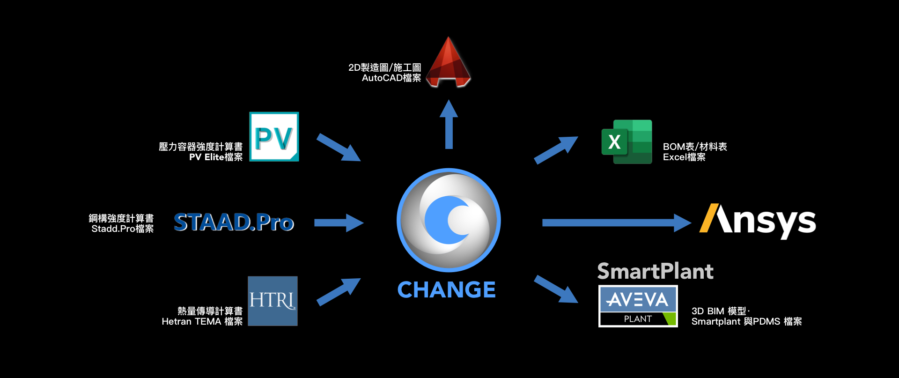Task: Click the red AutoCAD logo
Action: point(448,63)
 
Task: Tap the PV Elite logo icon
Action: point(274,137)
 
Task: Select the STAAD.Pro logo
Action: point(234,222)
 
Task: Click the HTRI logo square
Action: point(273,301)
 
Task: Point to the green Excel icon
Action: point(627,141)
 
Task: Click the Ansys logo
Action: point(758,221)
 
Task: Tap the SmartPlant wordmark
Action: point(655,271)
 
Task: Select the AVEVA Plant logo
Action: point(638,306)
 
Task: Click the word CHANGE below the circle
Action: point(446,290)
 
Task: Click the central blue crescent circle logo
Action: point(449,220)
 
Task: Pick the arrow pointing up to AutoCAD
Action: point(449,125)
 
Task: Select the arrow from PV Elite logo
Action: point(338,147)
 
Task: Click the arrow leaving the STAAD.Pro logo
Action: point(339,222)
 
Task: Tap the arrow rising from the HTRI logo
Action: point(338,292)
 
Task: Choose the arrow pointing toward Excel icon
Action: point(556,150)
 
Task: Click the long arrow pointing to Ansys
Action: point(616,222)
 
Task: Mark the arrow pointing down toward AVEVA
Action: point(556,289)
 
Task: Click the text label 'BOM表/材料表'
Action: point(695,147)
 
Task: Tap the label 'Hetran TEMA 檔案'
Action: point(202,321)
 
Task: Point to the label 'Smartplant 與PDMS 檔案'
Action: point(746,321)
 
